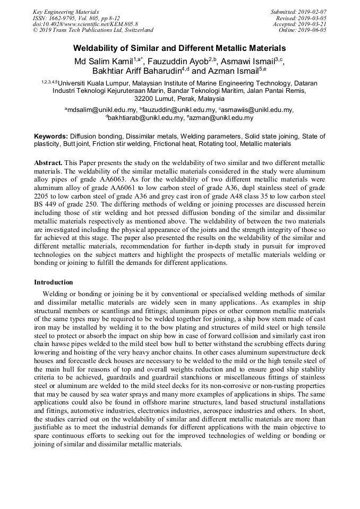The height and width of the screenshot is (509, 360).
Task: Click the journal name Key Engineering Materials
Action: coord(65,11)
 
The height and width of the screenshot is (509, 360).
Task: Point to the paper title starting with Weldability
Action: coord(179,48)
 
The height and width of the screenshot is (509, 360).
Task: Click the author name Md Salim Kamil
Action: coord(104,62)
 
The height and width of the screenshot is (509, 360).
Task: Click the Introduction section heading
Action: coord(54,282)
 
